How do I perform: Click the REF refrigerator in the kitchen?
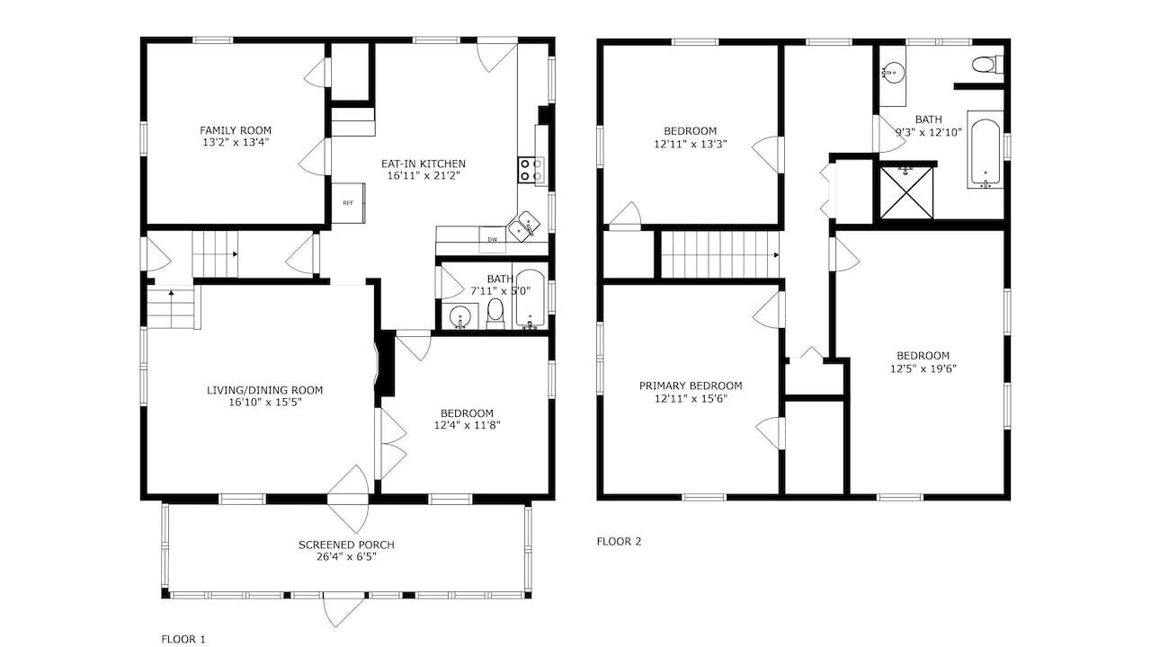348,203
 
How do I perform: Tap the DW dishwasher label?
492,240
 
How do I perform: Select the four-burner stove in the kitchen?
531,170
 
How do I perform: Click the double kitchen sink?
524,226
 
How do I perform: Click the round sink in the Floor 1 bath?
460,317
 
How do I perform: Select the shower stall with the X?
906,192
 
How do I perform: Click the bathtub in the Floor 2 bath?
986,149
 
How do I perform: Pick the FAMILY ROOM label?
236,130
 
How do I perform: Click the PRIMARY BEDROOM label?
691,386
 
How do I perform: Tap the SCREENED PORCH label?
346,545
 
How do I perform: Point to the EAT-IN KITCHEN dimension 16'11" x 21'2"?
423,175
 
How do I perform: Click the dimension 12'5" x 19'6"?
923,368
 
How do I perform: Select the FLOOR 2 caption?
619,541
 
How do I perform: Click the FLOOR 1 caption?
183,639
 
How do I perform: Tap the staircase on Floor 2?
719,254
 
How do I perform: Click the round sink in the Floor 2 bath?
894,73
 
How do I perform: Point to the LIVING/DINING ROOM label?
264,390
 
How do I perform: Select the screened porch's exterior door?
344,609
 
